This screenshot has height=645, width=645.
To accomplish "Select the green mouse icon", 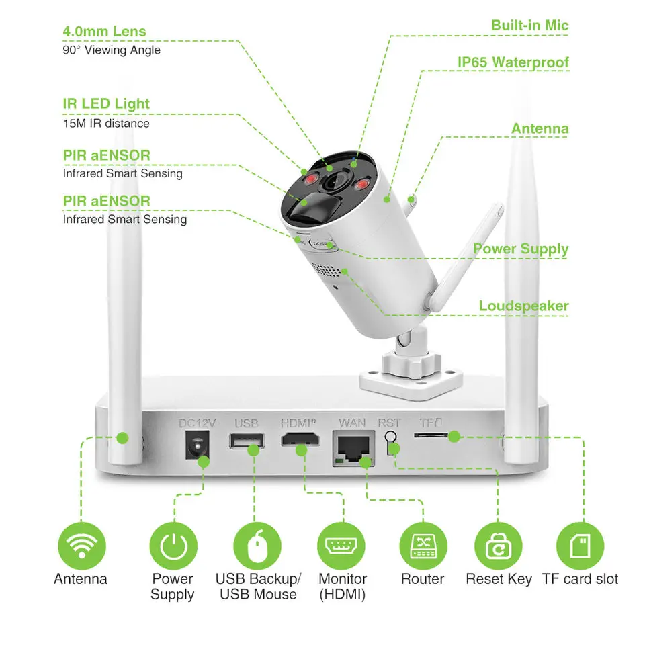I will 257,545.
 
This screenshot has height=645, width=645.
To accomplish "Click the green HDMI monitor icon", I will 342,545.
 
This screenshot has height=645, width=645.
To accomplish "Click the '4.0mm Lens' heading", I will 104,31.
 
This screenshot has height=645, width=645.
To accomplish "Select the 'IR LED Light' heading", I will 106,104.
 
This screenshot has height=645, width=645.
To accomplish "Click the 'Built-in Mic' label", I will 529,26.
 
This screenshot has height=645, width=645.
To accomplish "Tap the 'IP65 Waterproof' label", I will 513,62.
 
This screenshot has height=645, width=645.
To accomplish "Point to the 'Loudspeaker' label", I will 523,306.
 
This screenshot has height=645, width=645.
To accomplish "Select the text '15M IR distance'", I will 106,124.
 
